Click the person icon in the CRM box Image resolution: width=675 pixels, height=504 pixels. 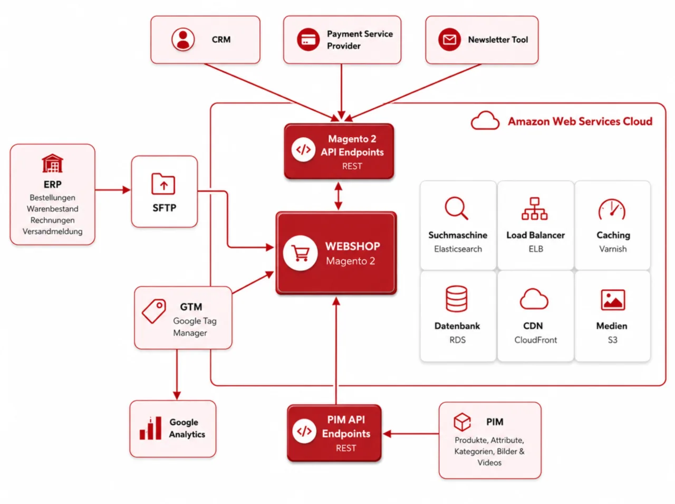pyautogui.click(x=183, y=40)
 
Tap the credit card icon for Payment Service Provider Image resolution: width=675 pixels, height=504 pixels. pyautogui.click(x=308, y=40)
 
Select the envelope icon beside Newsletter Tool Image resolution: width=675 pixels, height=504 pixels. pyautogui.click(x=449, y=40)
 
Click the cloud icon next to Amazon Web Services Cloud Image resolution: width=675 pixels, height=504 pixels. pyautogui.click(x=485, y=121)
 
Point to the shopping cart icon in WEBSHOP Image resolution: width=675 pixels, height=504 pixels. pyautogui.click(x=301, y=253)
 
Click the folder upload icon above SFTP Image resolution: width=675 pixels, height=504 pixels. pyautogui.click(x=163, y=184)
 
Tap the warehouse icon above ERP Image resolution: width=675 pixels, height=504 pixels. pyautogui.click(x=53, y=163)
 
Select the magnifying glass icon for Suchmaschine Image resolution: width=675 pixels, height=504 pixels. pyautogui.click(x=456, y=208)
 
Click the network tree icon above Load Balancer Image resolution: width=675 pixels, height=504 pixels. pyautogui.click(x=535, y=208)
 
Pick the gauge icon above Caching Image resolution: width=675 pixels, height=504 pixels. pyautogui.click(x=612, y=209)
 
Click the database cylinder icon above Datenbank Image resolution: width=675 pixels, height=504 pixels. pyautogui.click(x=456, y=299)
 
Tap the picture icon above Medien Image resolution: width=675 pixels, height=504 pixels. pyautogui.click(x=613, y=300)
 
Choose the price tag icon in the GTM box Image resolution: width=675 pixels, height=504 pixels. pyautogui.click(x=154, y=311)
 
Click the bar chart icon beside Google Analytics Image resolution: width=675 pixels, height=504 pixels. pyautogui.click(x=150, y=428)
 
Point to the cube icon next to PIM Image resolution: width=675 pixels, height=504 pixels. pyautogui.click(x=462, y=422)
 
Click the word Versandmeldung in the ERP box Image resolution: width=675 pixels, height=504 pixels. pyautogui.click(x=53, y=231)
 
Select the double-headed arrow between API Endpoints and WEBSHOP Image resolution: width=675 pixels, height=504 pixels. pyautogui.click(x=338, y=196)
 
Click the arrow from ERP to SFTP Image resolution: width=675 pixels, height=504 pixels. pyautogui.click(x=113, y=190)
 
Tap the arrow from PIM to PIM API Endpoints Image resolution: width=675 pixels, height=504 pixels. pyautogui.click(x=411, y=434)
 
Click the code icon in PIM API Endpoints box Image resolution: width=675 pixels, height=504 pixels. pyautogui.click(x=304, y=431)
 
